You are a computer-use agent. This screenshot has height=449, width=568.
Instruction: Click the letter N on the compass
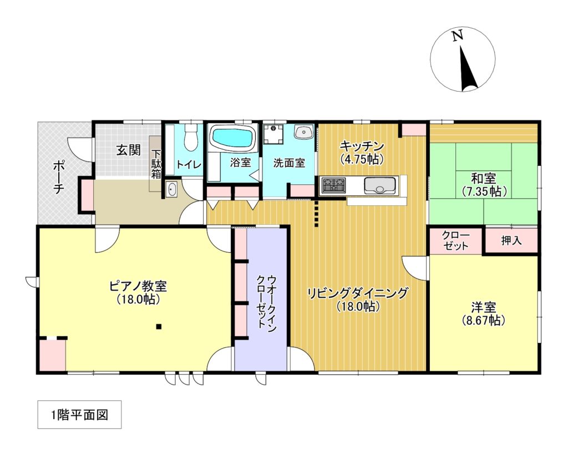pos(457,36)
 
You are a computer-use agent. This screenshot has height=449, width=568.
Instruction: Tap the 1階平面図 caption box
pos(79,415)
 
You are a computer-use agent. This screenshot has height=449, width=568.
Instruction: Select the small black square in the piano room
pos(159,326)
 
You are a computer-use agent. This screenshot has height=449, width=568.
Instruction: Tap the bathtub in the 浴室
pos(232,137)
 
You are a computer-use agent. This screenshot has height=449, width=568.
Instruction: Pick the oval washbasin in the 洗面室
pos(303,133)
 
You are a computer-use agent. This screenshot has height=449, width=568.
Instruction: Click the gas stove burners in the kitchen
pos(333,184)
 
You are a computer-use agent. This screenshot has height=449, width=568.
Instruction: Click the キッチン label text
pos(361,147)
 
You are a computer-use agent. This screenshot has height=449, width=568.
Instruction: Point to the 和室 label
pos(484,179)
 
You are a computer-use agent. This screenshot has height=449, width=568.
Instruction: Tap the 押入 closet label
pos(511,241)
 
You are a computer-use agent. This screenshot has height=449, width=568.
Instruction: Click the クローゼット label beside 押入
pos(455,240)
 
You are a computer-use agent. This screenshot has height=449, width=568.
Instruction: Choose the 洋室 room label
pos(484,307)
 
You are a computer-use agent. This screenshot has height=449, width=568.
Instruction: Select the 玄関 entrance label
pos(128,150)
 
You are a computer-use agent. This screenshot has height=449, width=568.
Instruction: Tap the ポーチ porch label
pos(58,176)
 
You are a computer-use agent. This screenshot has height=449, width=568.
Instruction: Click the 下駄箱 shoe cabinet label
pos(157,163)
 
